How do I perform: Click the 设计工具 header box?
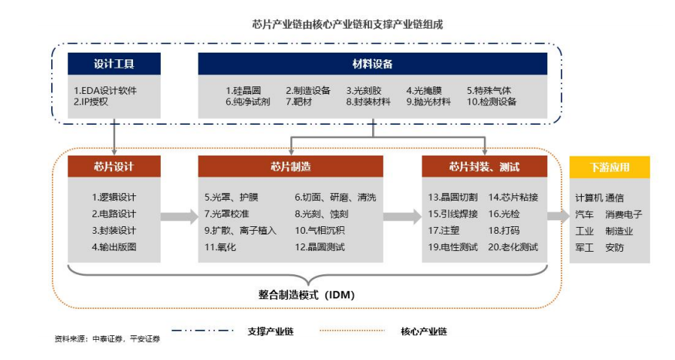pyautogui.click(x=114, y=64)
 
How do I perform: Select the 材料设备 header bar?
pyautogui.click(x=372, y=64)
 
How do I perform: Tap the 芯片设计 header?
pyautogui.click(x=114, y=166)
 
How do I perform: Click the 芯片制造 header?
pyautogui.click(x=291, y=166)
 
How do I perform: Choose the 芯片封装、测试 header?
pyautogui.click(x=484, y=166)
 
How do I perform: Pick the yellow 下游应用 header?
pyautogui.click(x=610, y=167)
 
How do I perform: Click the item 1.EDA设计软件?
pyautogui.click(x=105, y=90)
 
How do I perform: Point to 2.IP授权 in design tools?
pyautogui.click(x=91, y=101)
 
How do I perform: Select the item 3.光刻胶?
pyautogui.click(x=364, y=90)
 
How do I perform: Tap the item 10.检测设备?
pyautogui.click(x=491, y=101)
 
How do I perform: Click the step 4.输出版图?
pyautogui.click(x=114, y=247)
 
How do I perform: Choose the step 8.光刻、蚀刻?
pyautogui.click(x=322, y=213)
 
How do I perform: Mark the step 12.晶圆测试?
pyautogui.click(x=320, y=247)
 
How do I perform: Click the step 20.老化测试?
pyautogui.click(x=513, y=247)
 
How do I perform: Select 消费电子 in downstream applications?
pyautogui.click(x=624, y=214)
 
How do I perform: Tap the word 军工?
pyautogui.click(x=585, y=247)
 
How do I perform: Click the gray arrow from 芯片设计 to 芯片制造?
pyautogui.click(x=179, y=216)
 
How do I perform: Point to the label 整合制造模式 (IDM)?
pyautogui.click(x=307, y=295)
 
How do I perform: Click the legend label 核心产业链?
pyautogui.click(x=424, y=331)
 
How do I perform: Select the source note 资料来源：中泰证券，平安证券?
pyautogui.click(x=107, y=339)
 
